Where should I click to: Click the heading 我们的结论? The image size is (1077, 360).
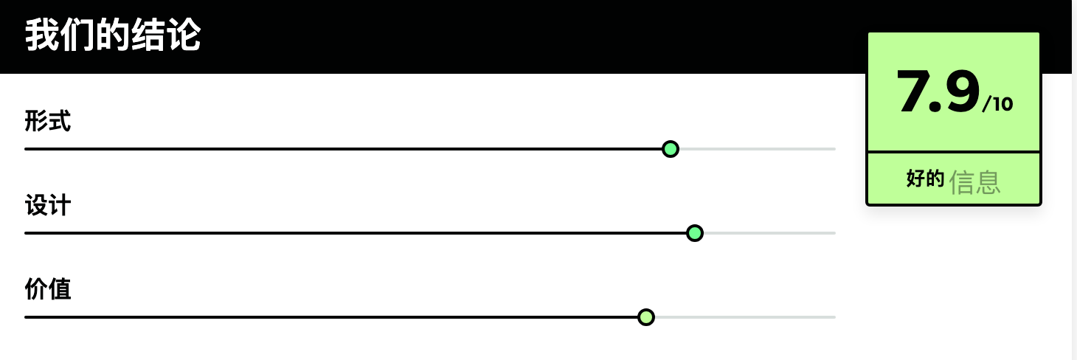click(113, 35)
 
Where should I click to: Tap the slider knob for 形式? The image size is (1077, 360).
click(671, 149)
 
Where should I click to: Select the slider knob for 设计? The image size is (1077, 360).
click(694, 233)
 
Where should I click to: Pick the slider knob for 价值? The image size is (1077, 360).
click(645, 317)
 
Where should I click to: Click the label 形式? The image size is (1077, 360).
click(48, 121)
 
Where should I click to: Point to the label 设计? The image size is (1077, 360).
click(48, 205)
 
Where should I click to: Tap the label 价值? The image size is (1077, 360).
click(48, 289)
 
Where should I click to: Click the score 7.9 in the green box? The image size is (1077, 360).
click(938, 91)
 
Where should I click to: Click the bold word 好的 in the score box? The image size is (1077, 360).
click(925, 179)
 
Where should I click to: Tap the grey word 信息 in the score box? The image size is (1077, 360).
click(974, 182)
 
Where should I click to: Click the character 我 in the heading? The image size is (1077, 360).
click(42, 35)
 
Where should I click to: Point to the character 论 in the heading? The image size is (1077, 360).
click(184, 35)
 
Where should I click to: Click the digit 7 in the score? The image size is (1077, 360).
click(913, 91)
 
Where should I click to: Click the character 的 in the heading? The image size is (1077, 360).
click(113, 35)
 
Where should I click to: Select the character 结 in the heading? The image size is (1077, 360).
click(148, 35)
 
